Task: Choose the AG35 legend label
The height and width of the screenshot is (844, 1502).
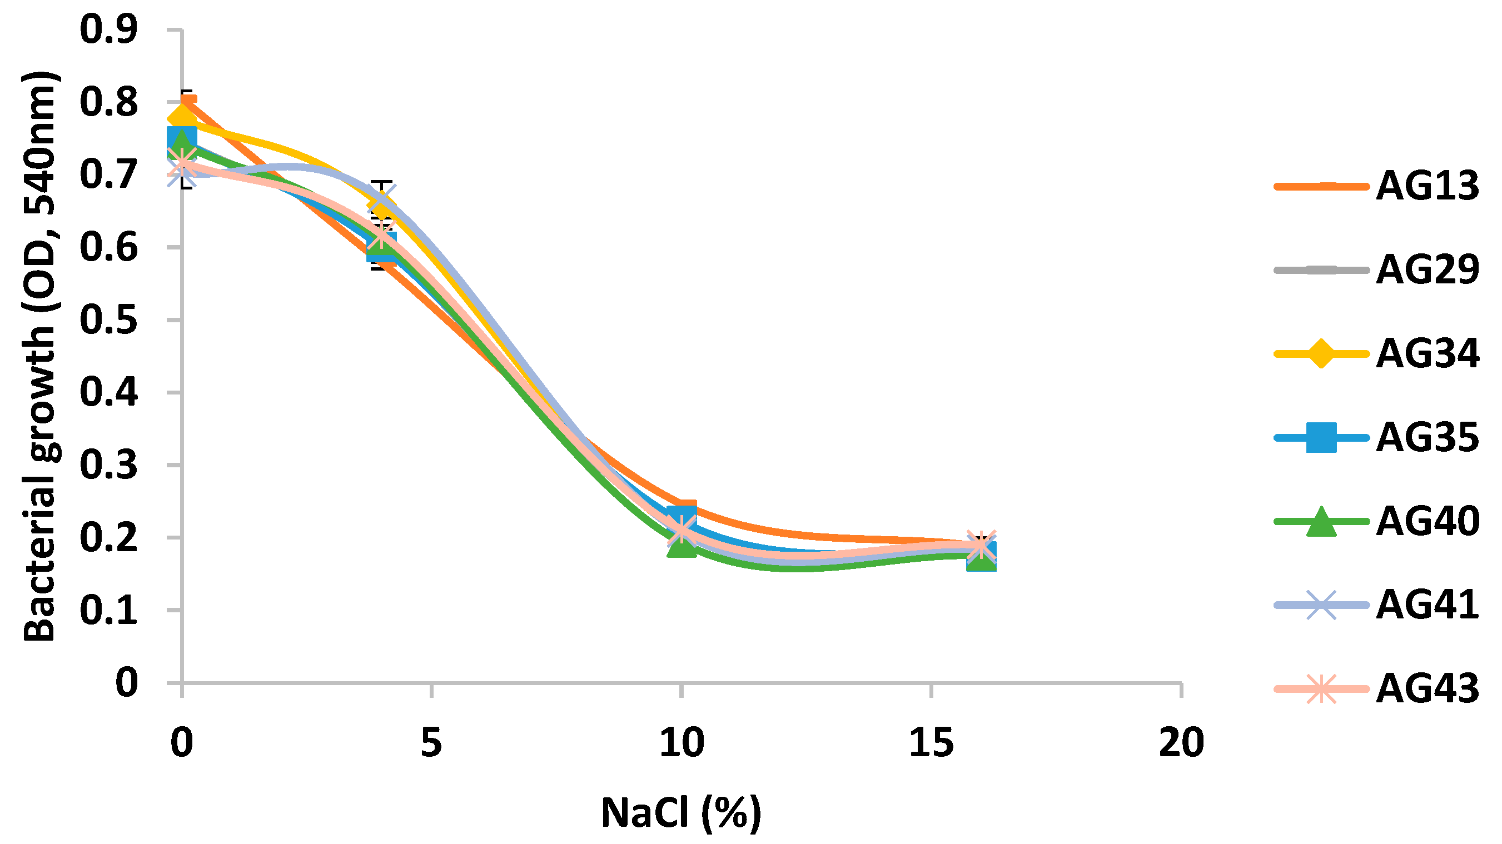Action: click(1428, 438)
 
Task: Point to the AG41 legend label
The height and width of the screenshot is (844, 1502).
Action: click(1428, 605)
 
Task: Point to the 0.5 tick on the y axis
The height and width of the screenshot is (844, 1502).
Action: click(109, 320)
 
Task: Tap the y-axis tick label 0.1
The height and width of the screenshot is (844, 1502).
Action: click(109, 610)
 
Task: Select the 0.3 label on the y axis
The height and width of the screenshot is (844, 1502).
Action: click(109, 465)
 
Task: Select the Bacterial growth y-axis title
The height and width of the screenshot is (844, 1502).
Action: click(39, 356)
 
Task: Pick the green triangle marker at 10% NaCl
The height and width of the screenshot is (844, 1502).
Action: click(682, 546)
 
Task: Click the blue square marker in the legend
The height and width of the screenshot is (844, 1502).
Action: click(1321, 438)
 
